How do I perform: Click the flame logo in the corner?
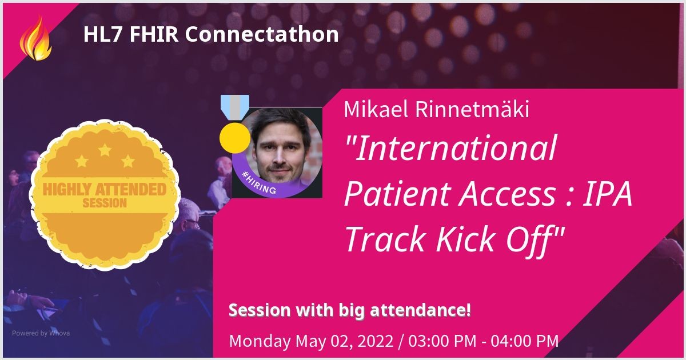pyautogui.click(x=35, y=38)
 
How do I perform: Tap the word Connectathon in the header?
pyautogui.click(x=262, y=34)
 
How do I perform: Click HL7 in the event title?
pyautogui.click(x=103, y=34)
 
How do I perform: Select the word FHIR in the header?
pyautogui.click(x=154, y=34)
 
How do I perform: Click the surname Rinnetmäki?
pyautogui.click(x=472, y=109)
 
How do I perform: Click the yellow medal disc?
pyautogui.click(x=235, y=138)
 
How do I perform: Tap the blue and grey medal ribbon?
pyautogui.click(x=235, y=107)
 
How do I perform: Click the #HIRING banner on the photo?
pyautogui.click(x=259, y=183)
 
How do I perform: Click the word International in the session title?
pyautogui.click(x=450, y=148)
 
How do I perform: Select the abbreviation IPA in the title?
pyautogui.click(x=607, y=194)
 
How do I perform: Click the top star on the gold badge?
pyautogui.click(x=105, y=150)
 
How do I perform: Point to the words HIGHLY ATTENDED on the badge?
pyautogui.click(x=105, y=190)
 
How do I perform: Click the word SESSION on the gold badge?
pyautogui.click(x=105, y=203)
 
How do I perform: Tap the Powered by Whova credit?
pyautogui.click(x=41, y=333)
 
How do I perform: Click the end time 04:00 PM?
pyautogui.click(x=525, y=341)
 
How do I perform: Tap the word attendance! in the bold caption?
pyautogui.click(x=420, y=310)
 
